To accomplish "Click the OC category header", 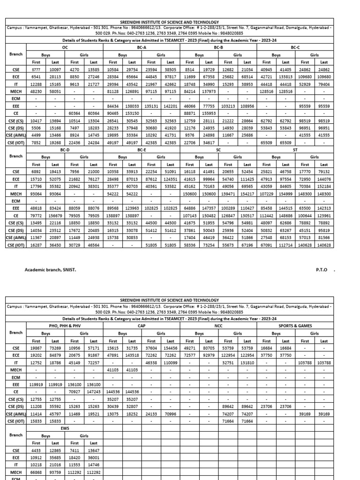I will (65, 47).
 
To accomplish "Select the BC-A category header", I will (142, 47).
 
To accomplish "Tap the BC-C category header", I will (295, 47).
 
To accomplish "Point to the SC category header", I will (218, 150).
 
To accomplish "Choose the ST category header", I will (295, 150).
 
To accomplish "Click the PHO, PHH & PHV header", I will (65, 325).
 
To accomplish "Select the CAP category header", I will (142, 325).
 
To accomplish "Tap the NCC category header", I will (218, 325).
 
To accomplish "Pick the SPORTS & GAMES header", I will (295, 325).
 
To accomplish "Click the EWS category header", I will (65, 428).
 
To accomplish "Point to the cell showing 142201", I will (170, 106).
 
